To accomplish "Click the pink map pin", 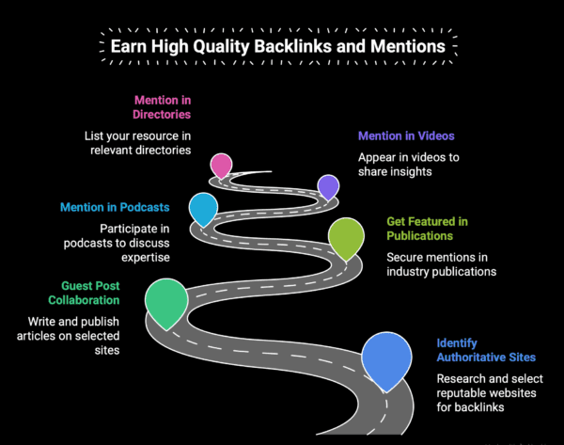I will (221, 165).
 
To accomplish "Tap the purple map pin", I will (328, 185).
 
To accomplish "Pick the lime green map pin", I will (346, 236).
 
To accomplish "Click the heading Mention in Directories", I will (162, 107).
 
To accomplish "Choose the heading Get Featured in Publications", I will (428, 229).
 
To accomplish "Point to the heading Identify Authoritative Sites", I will (486, 350).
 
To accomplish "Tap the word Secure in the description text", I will (406, 256).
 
